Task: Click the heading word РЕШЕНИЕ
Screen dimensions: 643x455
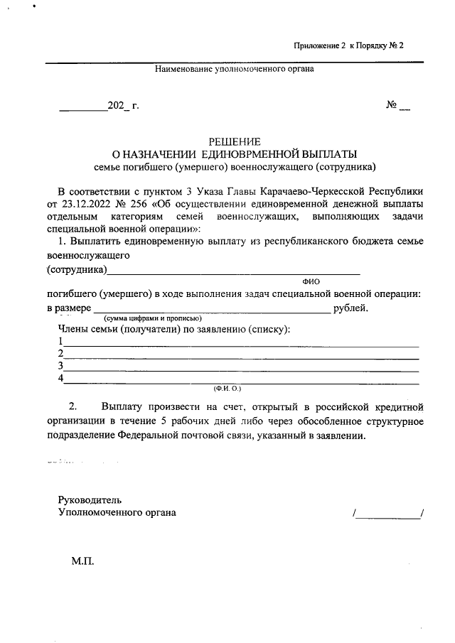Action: coord(235,141)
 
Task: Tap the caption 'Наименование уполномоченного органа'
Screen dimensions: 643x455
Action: coord(235,69)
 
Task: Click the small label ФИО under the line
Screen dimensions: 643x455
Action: coord(311,282)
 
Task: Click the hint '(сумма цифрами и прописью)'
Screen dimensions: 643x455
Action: coord(153,318)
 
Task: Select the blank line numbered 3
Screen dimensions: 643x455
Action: coord(242,369)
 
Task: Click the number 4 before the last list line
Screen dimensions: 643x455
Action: coord(62,378)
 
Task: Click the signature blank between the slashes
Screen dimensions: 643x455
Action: coord(387,514)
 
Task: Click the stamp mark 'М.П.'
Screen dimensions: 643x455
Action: coord(82,561)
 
